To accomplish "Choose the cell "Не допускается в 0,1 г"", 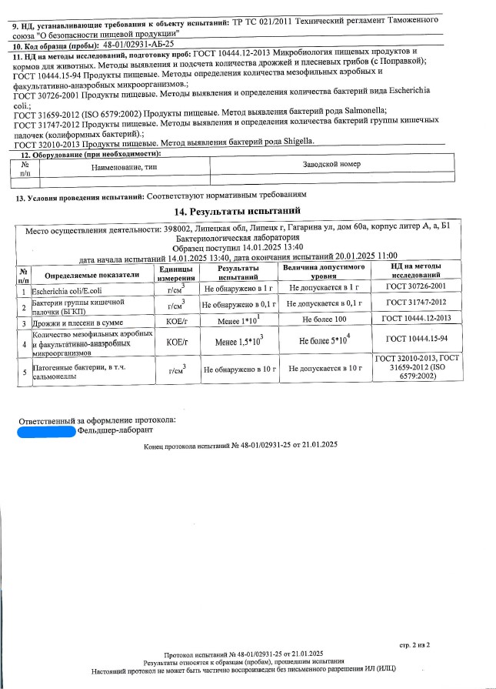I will [325, 303].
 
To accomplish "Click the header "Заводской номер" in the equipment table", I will [331, 164].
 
